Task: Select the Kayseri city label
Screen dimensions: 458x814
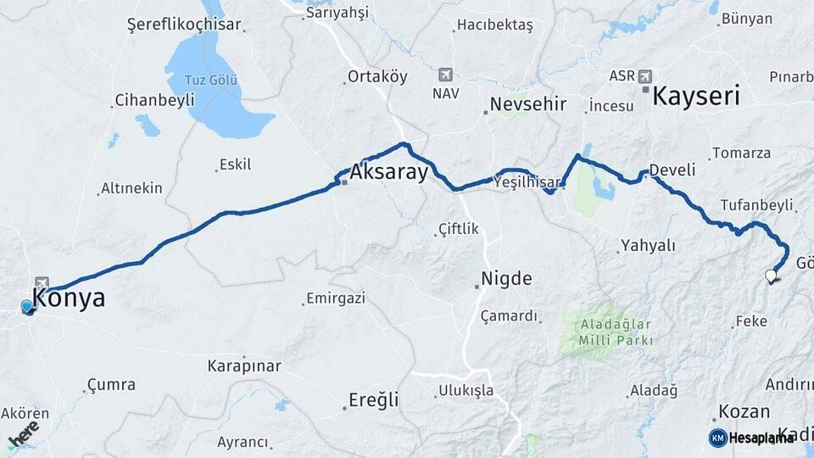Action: coord(695,95)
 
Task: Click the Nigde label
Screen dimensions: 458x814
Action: coord(506,278)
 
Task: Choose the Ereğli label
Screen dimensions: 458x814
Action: coord(374,399)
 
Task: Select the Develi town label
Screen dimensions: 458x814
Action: coord(672,170)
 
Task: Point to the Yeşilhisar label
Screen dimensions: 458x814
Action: coord(527,182)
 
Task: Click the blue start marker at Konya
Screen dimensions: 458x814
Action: coord(27,307)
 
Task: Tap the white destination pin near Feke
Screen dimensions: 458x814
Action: coord(771,276)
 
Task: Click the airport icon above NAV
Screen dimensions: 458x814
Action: coord(445,75)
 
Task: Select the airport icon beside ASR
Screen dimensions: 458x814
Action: coord(647,75)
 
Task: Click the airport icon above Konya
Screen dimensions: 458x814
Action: coord(42,282)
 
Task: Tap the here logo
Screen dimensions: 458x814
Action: coord(23,433)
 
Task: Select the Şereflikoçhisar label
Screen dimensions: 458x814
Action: coord(184,25)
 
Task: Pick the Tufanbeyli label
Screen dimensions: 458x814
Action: coord(756,205)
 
